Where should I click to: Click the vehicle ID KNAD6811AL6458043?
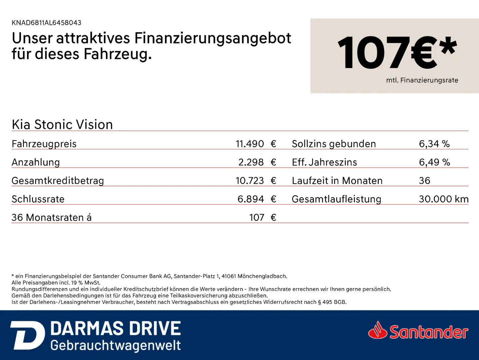coord(46,23)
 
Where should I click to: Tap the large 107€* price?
coord(397,53)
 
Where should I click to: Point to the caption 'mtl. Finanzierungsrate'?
coord(422,80)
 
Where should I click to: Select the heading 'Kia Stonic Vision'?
coord(62,125)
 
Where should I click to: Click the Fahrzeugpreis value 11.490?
coord(250,144)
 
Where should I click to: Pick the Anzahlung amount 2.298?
coord(251,162)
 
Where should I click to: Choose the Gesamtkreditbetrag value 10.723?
coord(250,181)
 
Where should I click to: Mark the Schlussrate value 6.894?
coord(251,199)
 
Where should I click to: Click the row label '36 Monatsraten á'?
coord(52,217)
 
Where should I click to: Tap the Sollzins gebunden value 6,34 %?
coord(434,144)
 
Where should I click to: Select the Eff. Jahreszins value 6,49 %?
coord(434,162)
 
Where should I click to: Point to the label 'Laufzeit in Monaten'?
coord(337,181)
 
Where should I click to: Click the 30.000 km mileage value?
coord(444,199)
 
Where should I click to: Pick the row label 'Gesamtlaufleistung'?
coord(336,199)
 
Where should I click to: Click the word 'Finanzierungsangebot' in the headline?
coord(213,39)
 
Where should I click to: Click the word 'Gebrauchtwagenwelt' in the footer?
coord(116,346)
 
